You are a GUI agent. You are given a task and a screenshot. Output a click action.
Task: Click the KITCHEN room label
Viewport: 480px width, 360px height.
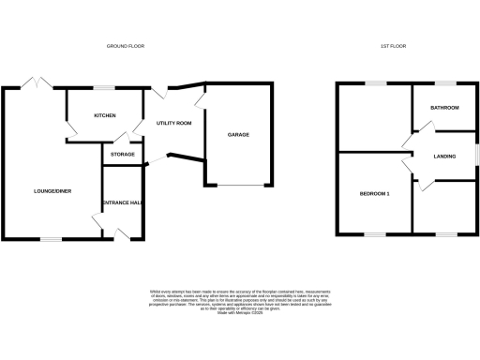pos(104,115)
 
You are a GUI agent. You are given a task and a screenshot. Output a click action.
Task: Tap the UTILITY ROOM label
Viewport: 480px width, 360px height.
pos(173,123)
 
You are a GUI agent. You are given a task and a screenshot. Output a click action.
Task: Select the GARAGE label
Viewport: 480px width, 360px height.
pos(238,135)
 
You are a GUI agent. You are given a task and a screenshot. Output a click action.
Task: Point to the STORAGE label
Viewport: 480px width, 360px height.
pos(122,154)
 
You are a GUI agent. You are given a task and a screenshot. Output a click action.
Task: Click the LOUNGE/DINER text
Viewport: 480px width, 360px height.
pos(52,191)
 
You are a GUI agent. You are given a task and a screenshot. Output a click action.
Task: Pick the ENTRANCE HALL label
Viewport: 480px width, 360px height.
pos(122,202)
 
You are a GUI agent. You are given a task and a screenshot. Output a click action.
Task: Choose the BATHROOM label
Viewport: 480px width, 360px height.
pos(444,108)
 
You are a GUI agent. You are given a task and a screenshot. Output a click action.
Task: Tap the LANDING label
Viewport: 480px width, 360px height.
pos(444,156)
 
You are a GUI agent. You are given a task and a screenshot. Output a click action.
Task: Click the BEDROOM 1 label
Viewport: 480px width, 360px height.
pos(374,194)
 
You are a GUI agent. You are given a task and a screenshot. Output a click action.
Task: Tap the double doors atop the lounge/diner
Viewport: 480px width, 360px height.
pos(38,83)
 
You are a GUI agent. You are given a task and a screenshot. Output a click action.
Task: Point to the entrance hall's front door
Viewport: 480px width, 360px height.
pos(120,234)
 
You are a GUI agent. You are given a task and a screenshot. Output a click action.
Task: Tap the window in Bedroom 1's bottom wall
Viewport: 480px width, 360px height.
pos(375,233)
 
